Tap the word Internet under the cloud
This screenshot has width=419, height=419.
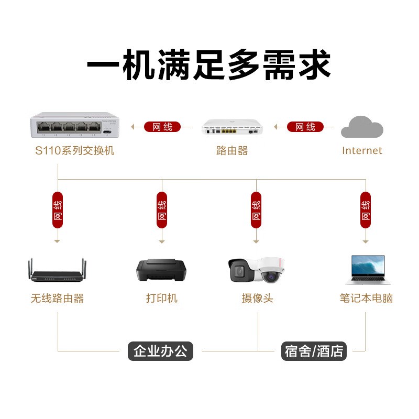pyautogui.click(x=362, y=151)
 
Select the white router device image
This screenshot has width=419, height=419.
pyautogui.click(x=232, y=127)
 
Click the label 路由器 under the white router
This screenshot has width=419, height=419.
pyautogui.click(x=232, y=151)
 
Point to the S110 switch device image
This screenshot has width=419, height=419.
pyautogui.click(x=74, y=125)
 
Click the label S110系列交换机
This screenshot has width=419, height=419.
pyautogui.click(x=75, y=151)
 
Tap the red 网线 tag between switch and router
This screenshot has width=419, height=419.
pyautogui.click(x=162, y=127)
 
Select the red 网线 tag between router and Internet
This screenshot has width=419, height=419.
pyautogui.click(x=305, y=127)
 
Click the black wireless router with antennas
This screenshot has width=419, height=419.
pyautogui.click(x=57, y=270)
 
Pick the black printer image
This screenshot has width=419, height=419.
pyautogui.click(x=161, y=270)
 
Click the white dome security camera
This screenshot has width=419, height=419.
pyautogui.click(x=271, y=270)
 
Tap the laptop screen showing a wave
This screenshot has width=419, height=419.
pyautogui.click(x=368, y=266)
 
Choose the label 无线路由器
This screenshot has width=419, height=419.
pyautogui.click(x=57, y=298)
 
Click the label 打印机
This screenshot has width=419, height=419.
pyautogui.click(x=162, y=298)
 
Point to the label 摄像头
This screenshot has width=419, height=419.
pyautogui.click(x=257, y=298)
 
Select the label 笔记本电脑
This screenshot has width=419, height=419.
pyautogui.click(x=366, y=298)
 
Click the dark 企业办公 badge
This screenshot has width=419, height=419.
pyautogui.click(x=160, y=351)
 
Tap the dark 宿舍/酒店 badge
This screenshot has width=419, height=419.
pyautogui.click(x=314, y=351)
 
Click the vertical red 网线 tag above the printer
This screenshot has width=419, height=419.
pyautogui.click(x=162, y=210)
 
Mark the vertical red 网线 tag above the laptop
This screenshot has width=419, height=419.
pyautogui.click(x=366, y=210)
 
